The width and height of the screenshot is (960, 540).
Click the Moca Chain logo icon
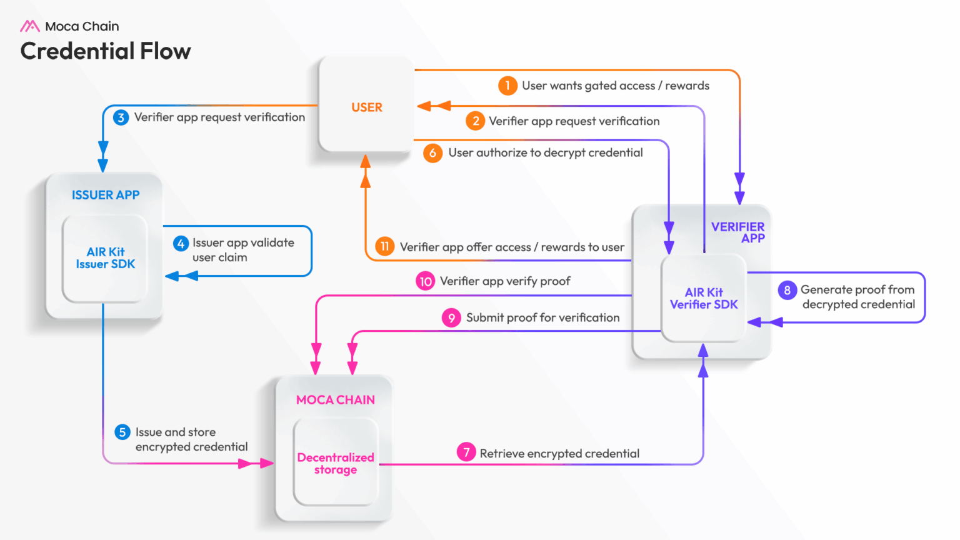[x=29, y=26]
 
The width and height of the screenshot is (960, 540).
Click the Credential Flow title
[x=106, y=51]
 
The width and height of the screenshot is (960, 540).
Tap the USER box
[x=366, y=107]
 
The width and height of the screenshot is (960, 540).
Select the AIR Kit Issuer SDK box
[x=105, y=258]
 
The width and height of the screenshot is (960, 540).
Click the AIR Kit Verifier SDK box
[x=704, y=299]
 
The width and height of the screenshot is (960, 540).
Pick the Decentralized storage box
[x=336, y=463]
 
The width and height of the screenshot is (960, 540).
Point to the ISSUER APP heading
[x=106, y=195]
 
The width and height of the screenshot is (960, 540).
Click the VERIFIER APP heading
[x=738, y=232]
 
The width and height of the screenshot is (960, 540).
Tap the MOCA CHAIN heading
[x=336, y=400]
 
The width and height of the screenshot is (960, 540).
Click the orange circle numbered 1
[x=507, y=86]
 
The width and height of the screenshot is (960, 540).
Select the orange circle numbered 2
[x=476, y=121]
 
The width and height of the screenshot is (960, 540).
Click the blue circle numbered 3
[x=121, y=117]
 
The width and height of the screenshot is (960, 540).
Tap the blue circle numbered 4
[x=181, y=244]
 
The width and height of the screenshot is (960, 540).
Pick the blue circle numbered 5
[x=122, y=432]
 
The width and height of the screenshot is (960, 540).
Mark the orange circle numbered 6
[x=432, y=153]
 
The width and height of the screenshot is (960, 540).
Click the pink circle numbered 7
[x=466, y=452]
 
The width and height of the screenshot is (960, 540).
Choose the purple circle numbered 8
[x=787, y=290]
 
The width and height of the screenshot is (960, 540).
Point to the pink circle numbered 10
[x=426, y=281]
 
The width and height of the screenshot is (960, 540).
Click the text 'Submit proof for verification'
[x=542, y=317]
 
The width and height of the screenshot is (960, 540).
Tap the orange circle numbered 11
[x=385, y=246]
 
